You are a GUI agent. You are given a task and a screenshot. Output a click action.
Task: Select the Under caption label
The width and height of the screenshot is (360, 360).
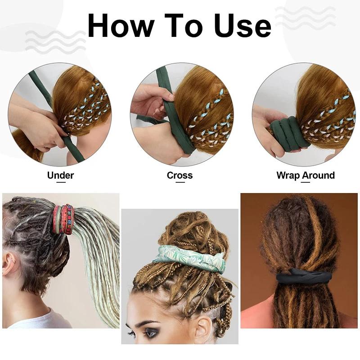point(60,175)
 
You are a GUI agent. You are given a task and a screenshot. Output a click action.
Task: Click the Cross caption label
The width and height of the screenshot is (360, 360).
point(180,175)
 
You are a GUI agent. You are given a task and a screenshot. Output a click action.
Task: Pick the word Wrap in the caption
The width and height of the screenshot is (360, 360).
point(289,175)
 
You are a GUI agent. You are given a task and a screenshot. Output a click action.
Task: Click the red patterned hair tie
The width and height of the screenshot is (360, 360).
point(63,219)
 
